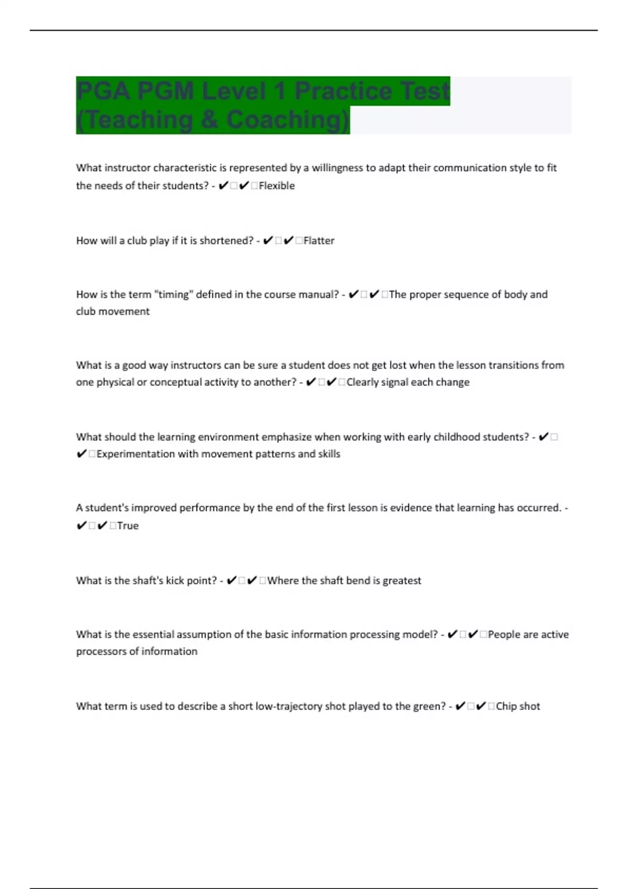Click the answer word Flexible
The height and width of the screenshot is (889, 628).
coord(276,186)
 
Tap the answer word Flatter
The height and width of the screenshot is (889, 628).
coord(319,241)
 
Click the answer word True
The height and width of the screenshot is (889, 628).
coord(128,526)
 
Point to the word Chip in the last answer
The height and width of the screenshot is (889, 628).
coord(506,706)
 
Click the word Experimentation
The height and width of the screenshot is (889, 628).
coord(136,454)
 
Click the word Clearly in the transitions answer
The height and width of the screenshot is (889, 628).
coord(362,382)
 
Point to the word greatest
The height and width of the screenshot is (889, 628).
coord(401,580)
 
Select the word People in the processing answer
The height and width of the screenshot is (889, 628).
coord(504,634)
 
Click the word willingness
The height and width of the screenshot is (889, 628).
coord(338,168)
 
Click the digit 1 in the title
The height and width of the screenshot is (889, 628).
coord(279,91)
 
